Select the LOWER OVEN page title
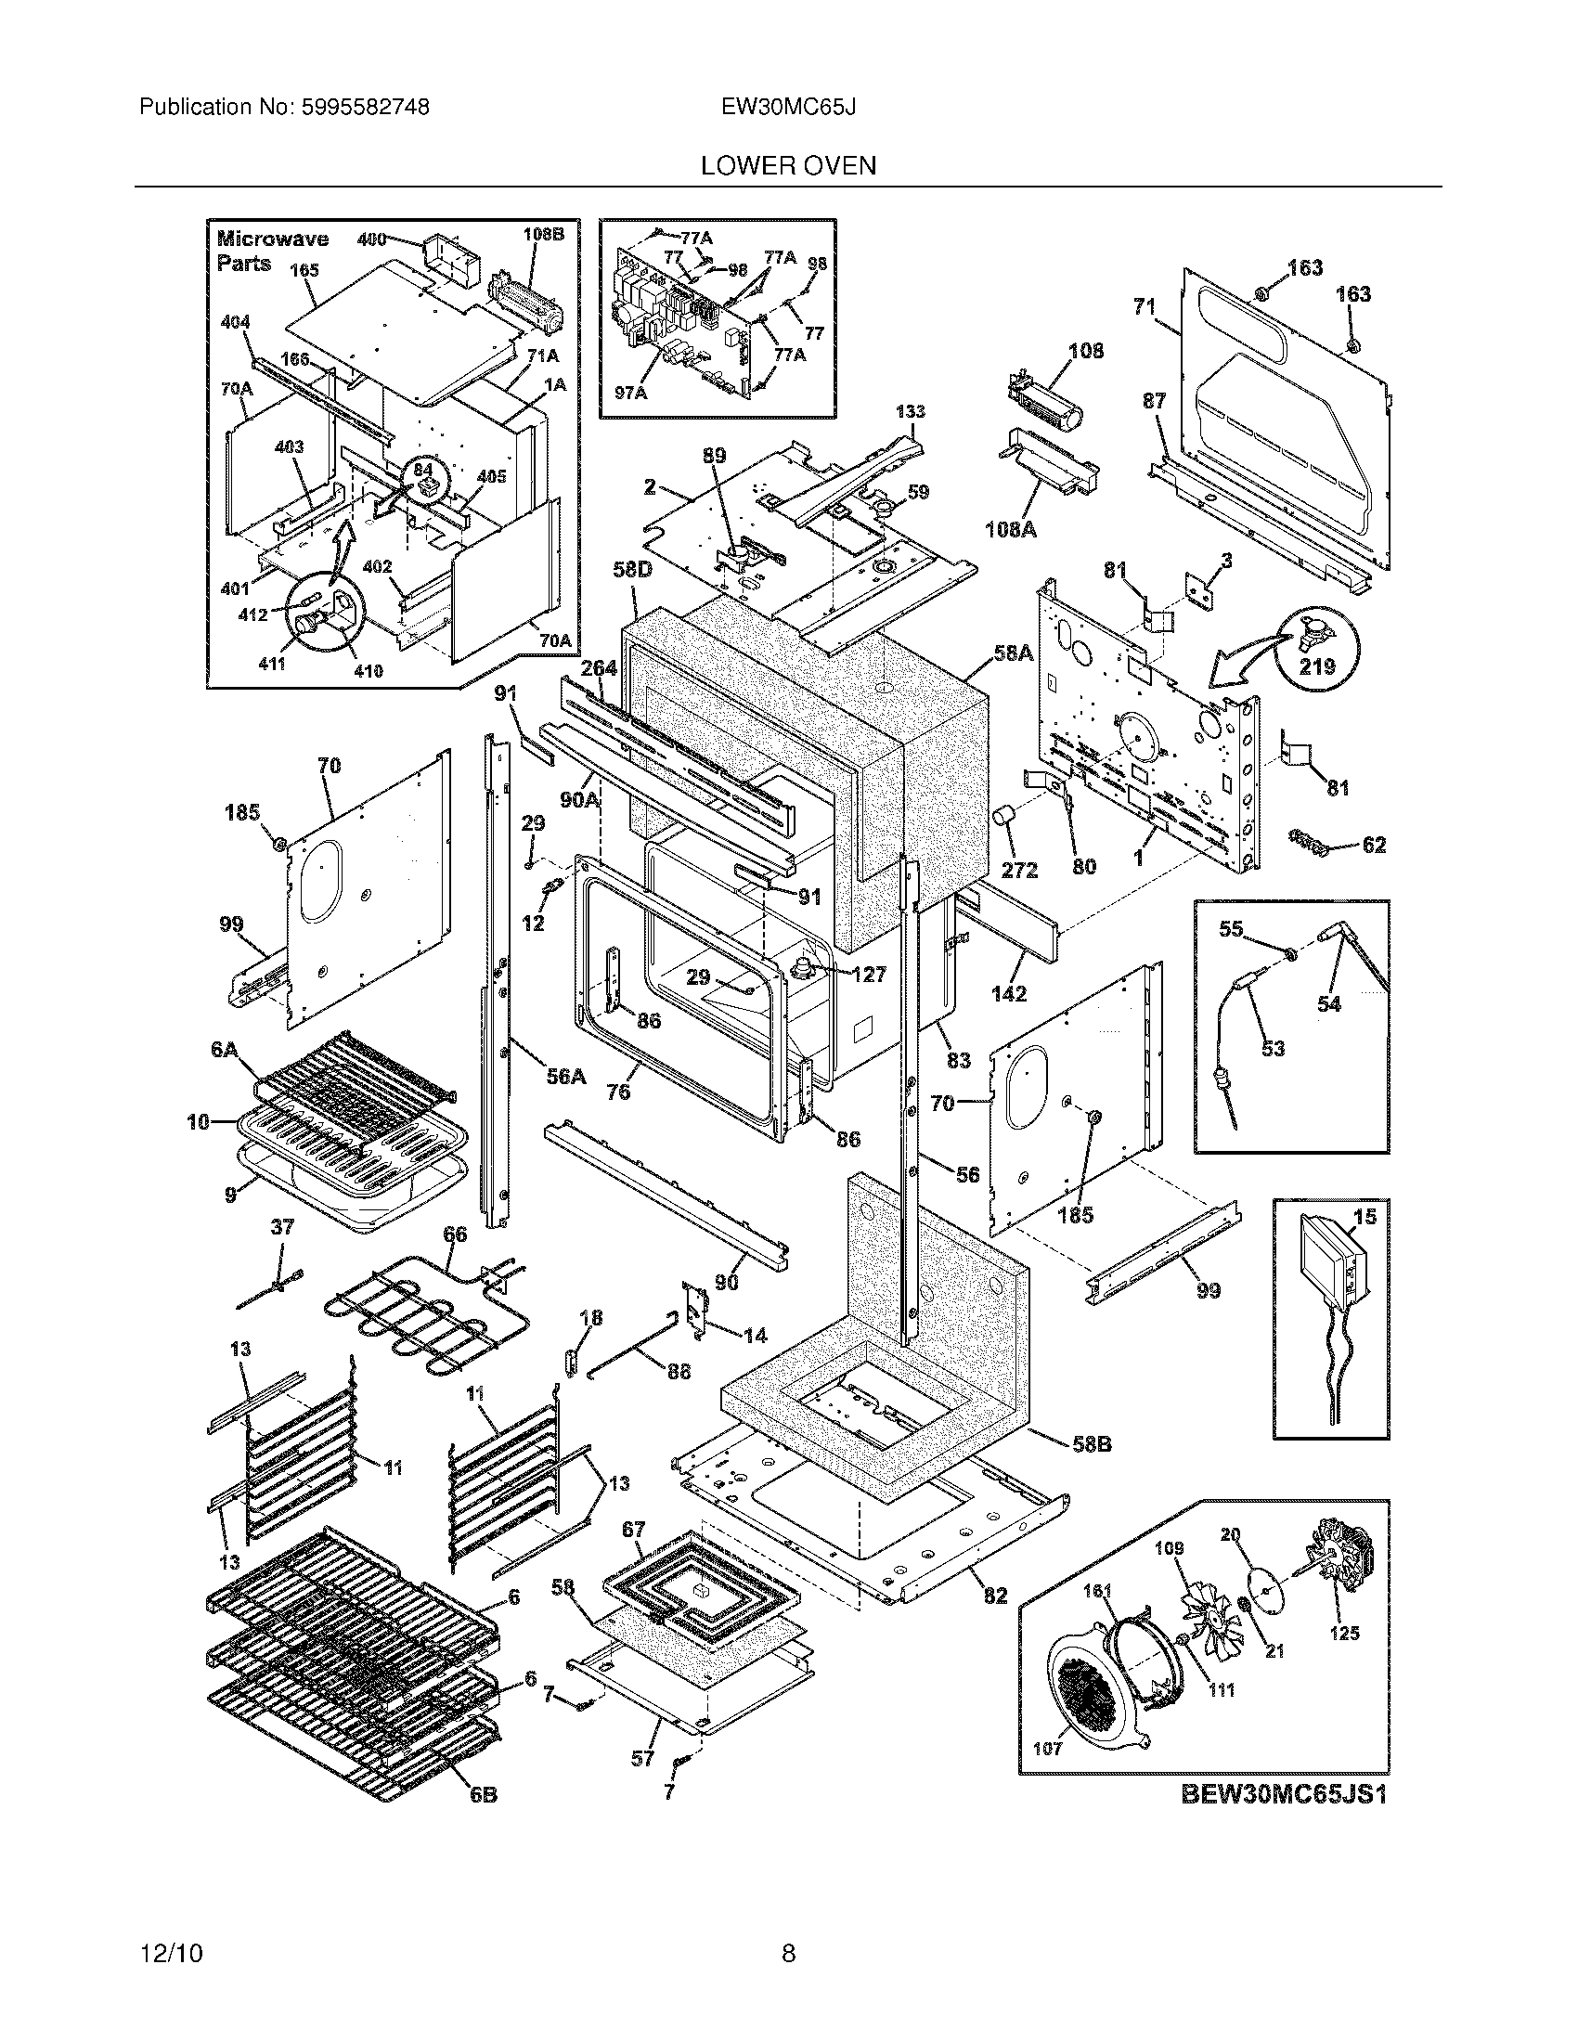click(788, 165)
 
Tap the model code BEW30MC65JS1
click(1284, 1794)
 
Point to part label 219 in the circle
click(1317, 666)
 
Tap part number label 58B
click(1091, 1444)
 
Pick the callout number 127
click(870, 975)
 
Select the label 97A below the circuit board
click(630, 394)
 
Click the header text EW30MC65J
click(788, 108)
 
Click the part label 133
click(910, 411)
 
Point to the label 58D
click(632, 568)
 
